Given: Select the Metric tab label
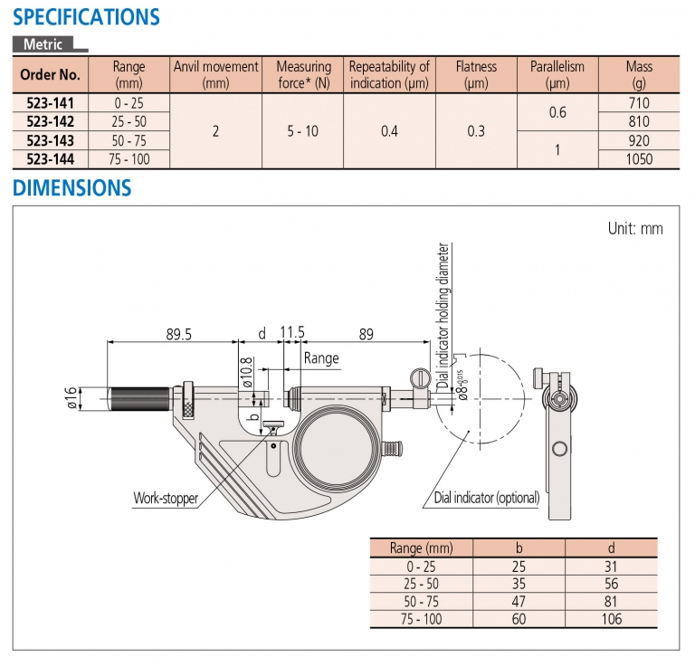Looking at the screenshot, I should pyautogui.click(x=43, y=43).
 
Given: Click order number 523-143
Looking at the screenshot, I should pyautogui.click(x=51, y=140).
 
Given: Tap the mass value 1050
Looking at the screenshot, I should pyautogui.click(x=639, y=159).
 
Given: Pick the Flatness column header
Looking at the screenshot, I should pyautogui.click(x=476, y=74).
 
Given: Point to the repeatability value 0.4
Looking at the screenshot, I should pyautogui.click(x=389, y=131).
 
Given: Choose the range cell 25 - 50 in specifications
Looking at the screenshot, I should pyautogui.click(x=129, y=121).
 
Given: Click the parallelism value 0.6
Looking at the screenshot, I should pyautogui.click(x=557, y=112).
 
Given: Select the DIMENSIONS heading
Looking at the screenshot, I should pyautogui.click(x=71, y=189).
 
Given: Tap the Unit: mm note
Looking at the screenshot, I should pyautogui.click(x=635, y=229).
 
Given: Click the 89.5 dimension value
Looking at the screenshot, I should pyautogui.click(x=178, y=334).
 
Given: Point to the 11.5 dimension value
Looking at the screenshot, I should pyautogui.click(x=291, y=334).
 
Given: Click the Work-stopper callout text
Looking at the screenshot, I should pyautogui.click(x=166, y=498).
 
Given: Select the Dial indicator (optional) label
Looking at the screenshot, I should pyautogui.click(x=487, y=498).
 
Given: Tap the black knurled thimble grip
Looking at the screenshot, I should pyautogui.click(x=138, y=398).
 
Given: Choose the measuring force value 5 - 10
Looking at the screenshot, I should pyautogui.click(x=303, y=131).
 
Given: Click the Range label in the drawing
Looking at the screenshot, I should pyautogui.click(x=321, y=358).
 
